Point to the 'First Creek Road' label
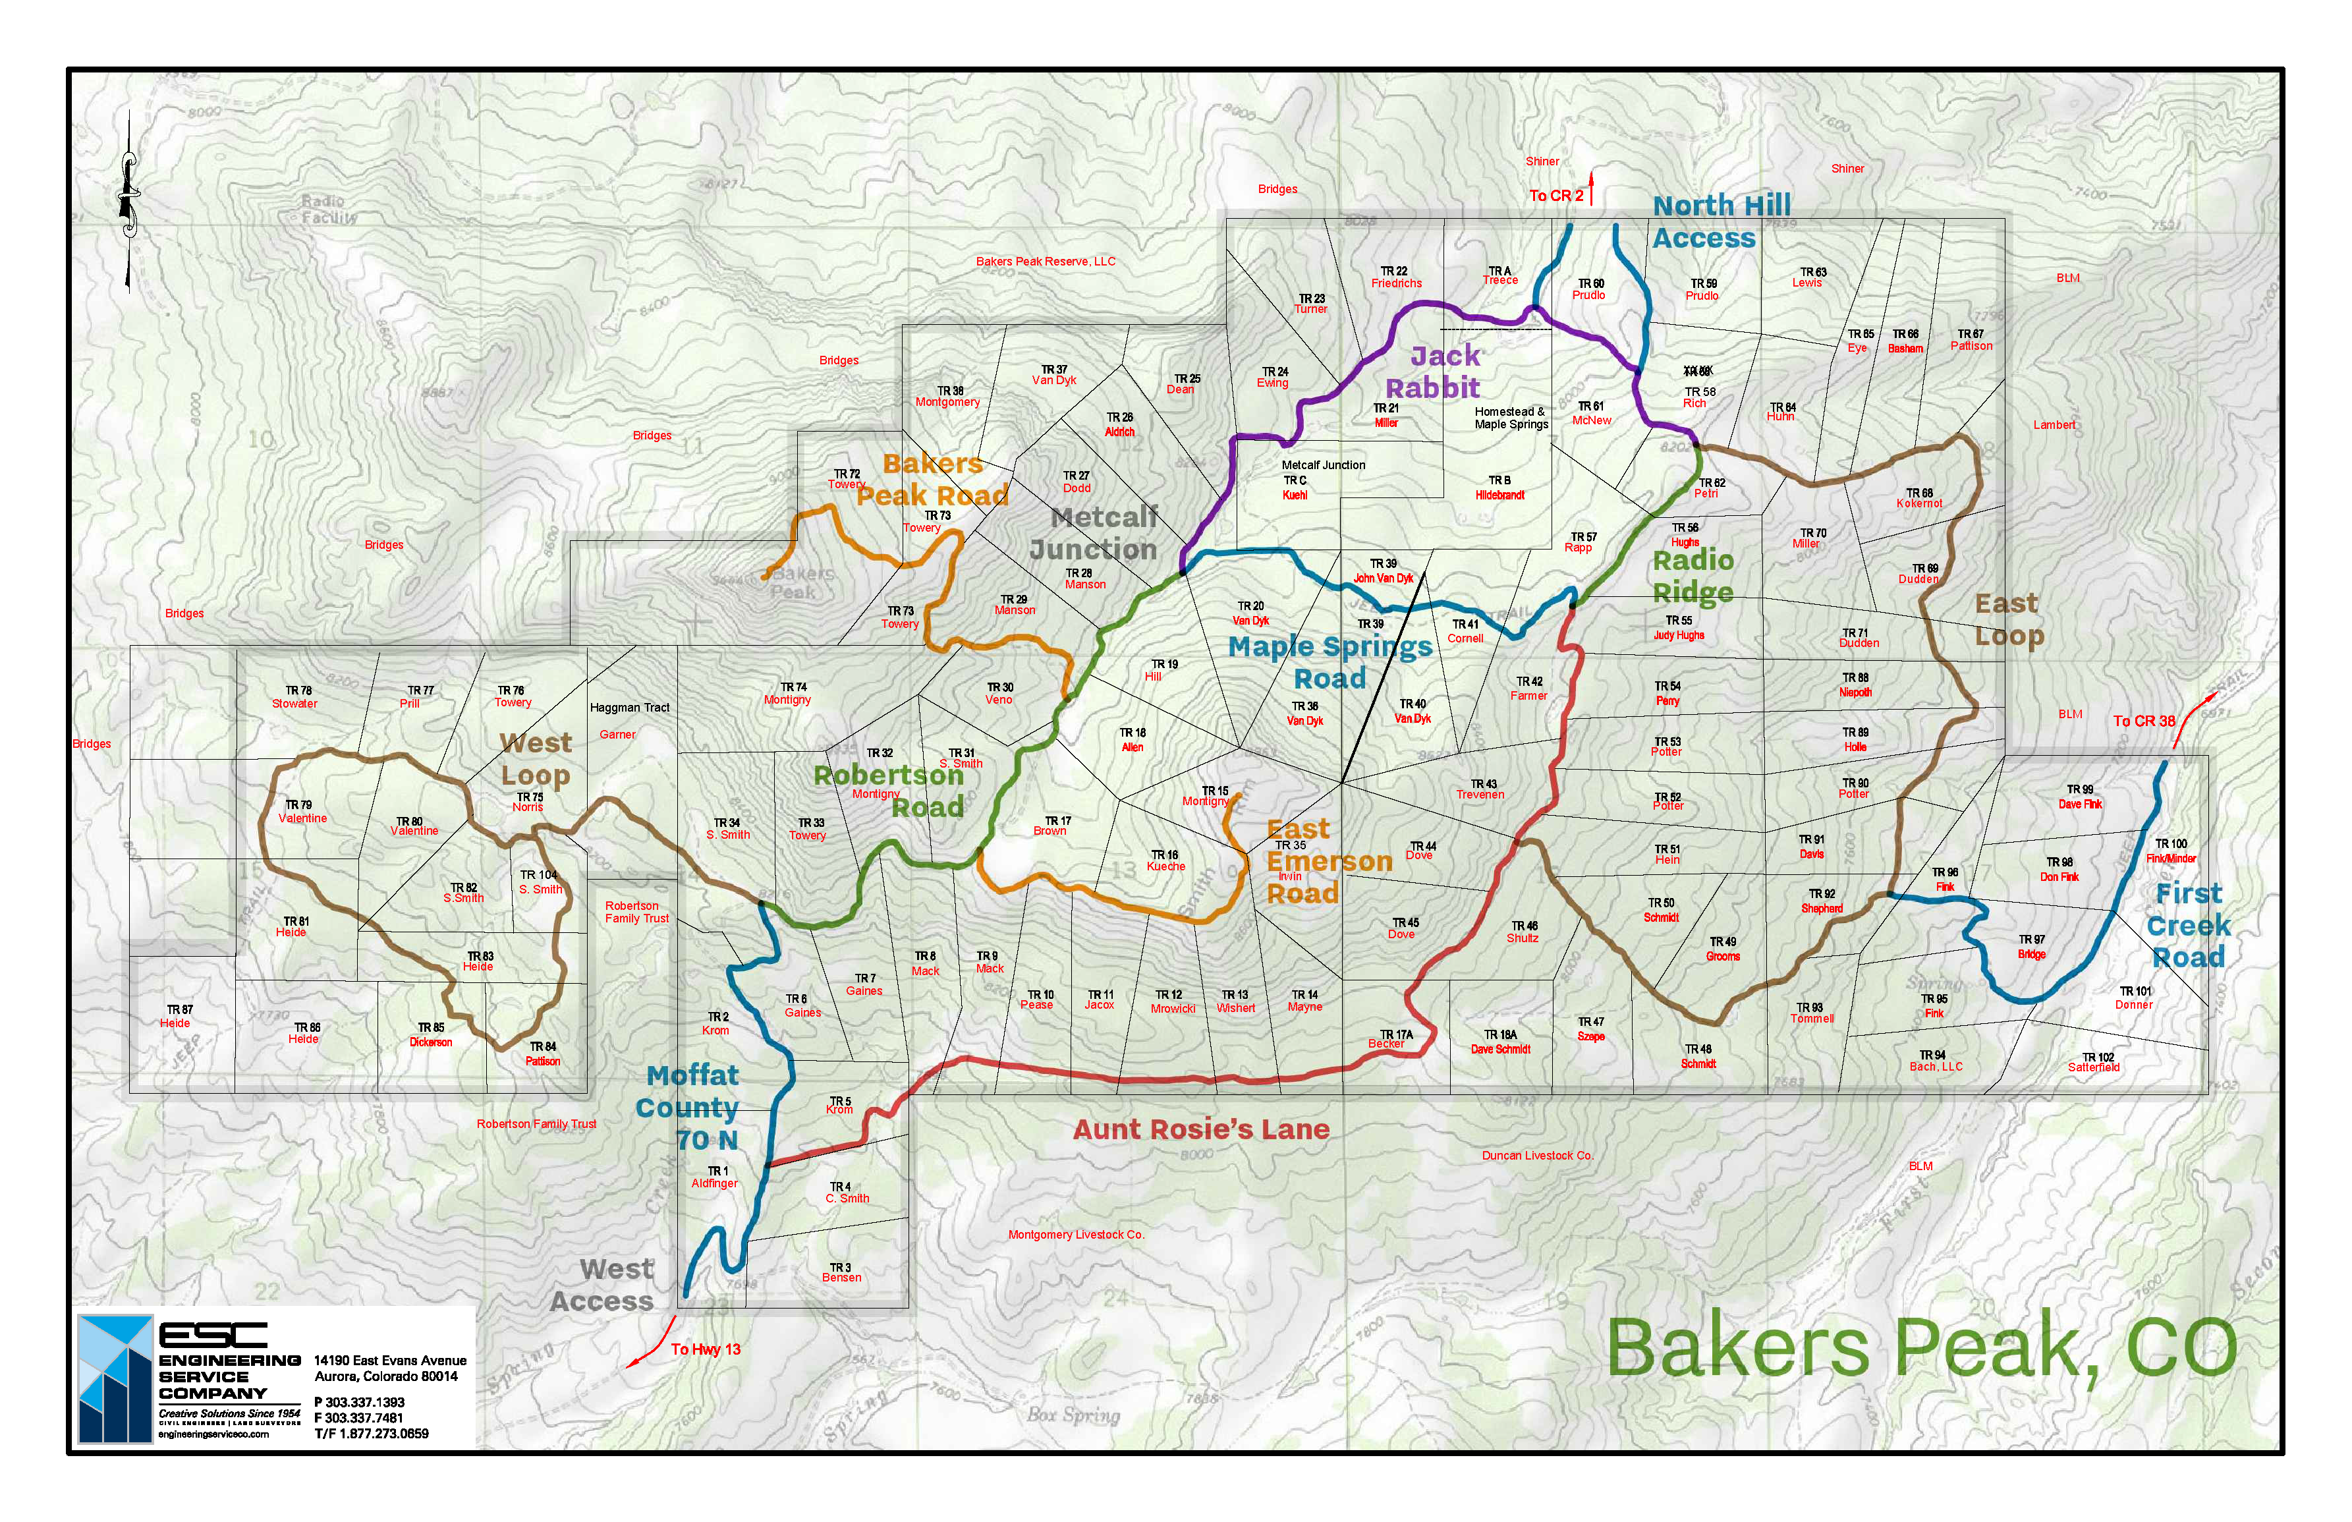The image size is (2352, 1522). tap(2189, 925)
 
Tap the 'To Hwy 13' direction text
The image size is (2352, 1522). tap(705, 1349)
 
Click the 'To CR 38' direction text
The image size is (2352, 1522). tap(2144, 721)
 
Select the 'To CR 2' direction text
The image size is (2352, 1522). tap(1555, 196)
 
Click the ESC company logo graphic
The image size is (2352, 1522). tap(116, 1378)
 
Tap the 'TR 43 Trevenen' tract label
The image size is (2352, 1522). tap(1480, 789)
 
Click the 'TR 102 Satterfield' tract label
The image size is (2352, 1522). tap(2094, 1061)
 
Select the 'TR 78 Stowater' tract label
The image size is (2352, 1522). tap(295, 698)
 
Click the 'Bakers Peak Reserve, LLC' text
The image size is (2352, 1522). tap(1045, 262)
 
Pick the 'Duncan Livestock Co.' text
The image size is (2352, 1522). tap(1536, 1156)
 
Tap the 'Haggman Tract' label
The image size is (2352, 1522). tap(630, 708)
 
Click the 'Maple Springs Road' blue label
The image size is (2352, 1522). tap(1330, 662)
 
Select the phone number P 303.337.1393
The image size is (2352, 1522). tap(360, 1401)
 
